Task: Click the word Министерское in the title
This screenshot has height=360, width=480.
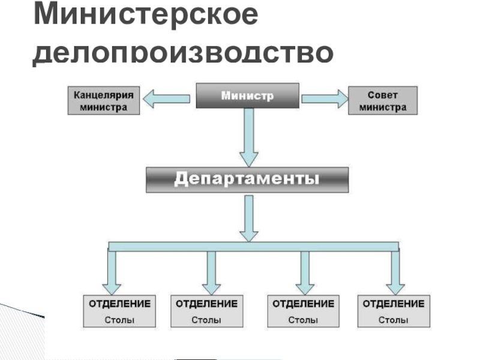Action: (146, 13)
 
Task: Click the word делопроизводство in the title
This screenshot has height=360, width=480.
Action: (183, 52)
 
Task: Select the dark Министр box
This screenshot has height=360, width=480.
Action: (248, 95)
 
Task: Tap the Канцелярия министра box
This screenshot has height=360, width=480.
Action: (104, 101)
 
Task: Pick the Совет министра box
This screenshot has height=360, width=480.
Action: (383, 101)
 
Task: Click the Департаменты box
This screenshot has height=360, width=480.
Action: (247, 179)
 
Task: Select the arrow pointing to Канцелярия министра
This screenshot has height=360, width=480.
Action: (167, 98)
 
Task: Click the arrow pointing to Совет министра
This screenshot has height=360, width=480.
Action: (325, 98)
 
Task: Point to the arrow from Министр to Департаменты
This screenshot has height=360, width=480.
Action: (249, 137)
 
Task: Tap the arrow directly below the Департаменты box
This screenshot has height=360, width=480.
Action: (249, 218)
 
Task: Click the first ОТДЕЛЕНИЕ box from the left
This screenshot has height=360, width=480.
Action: (119, 311)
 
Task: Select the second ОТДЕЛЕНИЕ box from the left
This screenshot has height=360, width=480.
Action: (206, 311)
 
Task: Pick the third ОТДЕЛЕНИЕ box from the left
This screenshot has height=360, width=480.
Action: (304, 311)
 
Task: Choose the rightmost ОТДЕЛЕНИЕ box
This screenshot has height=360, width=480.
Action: (394, 311)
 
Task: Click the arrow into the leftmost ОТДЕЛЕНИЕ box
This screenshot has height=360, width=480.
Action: (112, 272)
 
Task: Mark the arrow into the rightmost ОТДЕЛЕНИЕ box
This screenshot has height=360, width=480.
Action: (395, 272)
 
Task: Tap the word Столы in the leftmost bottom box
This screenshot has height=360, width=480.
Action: (119, 320)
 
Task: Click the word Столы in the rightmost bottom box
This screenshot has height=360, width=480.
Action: (394, 320)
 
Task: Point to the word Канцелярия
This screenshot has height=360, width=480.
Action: (104, 95)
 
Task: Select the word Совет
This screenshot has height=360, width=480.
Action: (383, 95)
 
